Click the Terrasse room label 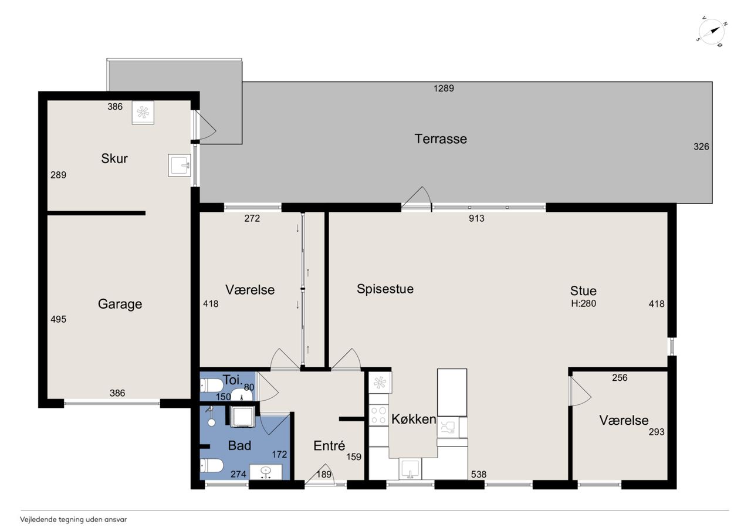441,139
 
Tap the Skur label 114,158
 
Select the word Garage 120,304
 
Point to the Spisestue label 385,289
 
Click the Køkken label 414,419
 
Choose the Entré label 329,445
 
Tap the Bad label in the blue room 239,445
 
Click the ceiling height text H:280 583,303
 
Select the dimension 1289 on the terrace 444,88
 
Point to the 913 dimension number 476,219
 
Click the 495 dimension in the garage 58,319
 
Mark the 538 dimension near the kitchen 478,474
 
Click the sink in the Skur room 180,165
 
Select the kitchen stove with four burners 378,415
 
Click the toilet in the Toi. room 211,385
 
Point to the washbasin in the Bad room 266,472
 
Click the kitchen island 452,393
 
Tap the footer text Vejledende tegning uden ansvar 73,520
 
